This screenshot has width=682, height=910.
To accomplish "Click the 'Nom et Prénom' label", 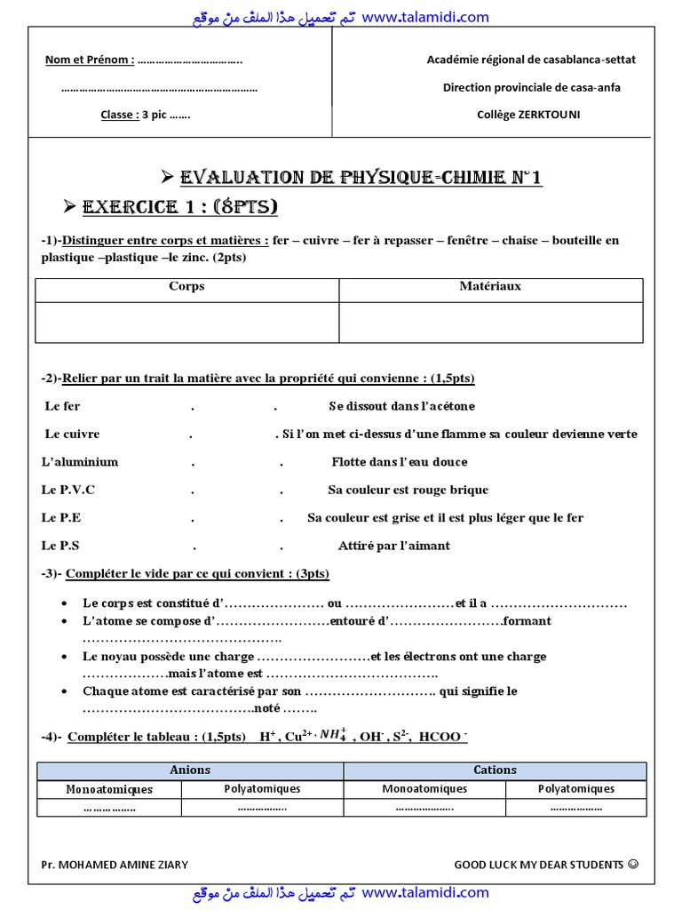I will coord(90,60).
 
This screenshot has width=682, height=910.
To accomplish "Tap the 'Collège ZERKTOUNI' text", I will coord(528,115).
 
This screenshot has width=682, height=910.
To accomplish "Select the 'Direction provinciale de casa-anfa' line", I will coord(531,87).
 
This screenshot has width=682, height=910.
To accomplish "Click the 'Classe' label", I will coord(119,115).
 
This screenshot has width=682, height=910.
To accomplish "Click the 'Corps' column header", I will coord(186,286).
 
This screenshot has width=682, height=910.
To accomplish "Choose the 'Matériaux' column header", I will coord(490,286).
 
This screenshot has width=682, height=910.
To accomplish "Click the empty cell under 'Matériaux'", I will coord(490,322).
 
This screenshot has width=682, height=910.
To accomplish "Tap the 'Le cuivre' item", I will coord(72,435).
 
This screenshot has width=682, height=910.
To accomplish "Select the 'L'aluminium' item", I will coord(80,462).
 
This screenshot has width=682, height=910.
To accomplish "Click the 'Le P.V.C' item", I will coord(68,490).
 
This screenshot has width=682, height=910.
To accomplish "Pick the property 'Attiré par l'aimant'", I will coord(393,546).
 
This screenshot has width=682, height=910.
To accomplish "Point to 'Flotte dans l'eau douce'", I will coord(400,462).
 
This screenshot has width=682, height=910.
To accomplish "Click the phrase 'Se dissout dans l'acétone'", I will coord(401,406).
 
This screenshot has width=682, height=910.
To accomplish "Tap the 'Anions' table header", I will coord(190,770).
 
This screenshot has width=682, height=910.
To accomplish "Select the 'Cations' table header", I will coord(495,770).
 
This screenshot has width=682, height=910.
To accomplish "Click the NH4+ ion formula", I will coord(334,736).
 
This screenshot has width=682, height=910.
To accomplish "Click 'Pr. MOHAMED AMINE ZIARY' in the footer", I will coord(115,865).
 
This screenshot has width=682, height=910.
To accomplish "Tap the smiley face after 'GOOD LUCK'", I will coord(632,864).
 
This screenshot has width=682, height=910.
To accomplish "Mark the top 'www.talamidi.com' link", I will coord(425,17).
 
